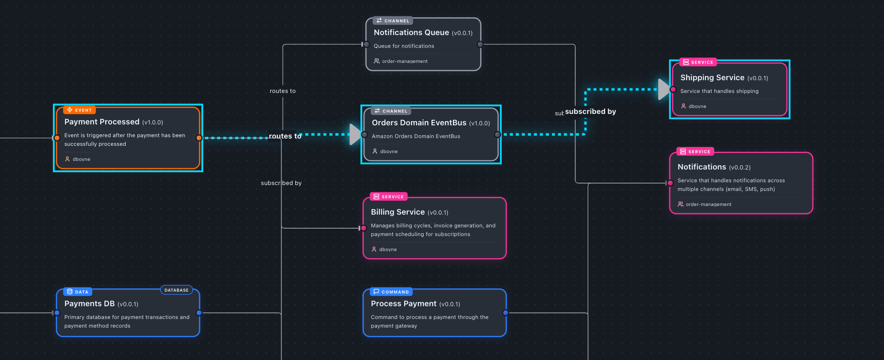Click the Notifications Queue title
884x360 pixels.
[x=411, y=32]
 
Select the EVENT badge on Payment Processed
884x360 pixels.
[x=79, y=110]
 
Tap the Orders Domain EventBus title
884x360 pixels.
[x=419, y=123]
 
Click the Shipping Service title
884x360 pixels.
[x=712, y=77]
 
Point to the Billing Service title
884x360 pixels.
[x=397, y=212]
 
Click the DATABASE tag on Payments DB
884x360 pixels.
[x=176, y=290]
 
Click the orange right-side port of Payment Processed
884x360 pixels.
[x=199, y=138]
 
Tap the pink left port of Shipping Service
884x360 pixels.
[x=673, y=89]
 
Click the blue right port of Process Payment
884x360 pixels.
[x=505, y=313]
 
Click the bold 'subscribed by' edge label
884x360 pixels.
[x=591, y=112]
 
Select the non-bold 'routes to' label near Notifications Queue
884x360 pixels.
[x=283, y=91]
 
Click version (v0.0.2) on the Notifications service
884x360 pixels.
[x=740, y=167]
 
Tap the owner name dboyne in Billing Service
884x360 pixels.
[x=388, y=249]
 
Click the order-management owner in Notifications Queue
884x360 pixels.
[x=405, y=61]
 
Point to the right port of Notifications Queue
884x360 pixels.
[x=480, y=44]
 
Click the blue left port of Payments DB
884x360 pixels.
[x=57, y=313]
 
